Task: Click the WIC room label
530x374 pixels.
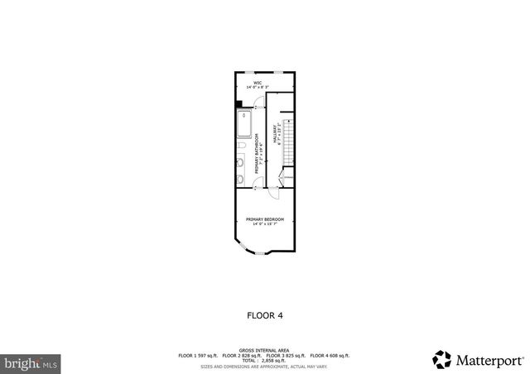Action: coord(258,82)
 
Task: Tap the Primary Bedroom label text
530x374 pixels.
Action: coord(265,218)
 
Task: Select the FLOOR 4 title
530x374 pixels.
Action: coord(265,314)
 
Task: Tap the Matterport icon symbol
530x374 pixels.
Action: coord(441,359)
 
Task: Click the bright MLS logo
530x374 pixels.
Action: coord(31,362)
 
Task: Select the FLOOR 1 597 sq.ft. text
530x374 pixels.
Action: coord(198,355)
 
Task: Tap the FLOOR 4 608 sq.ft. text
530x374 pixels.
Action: coord(331,355)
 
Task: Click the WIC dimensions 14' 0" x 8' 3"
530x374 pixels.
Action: coord(258,87)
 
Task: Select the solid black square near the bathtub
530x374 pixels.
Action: coord(238,104)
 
